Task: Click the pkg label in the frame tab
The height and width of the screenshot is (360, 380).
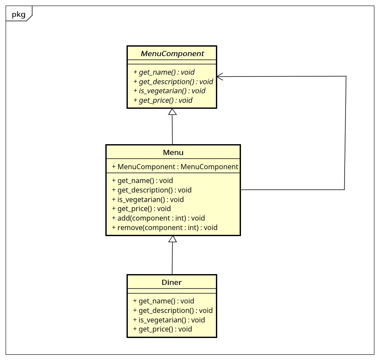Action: pyautogui.click(x=19, y=15)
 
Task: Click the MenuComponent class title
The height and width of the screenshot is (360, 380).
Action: pyautogui.click(x=172, y=54)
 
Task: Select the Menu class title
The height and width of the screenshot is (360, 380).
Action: pyautogui.click(x=173, y=152)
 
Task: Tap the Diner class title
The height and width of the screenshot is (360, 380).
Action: pyautogui.click(x=171, y=282)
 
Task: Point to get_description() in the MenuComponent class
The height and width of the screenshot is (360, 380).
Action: pyautogui.click(x=173, y=82)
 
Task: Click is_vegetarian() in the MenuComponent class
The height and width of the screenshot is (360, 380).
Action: pyautogui.click(x=169, y=91)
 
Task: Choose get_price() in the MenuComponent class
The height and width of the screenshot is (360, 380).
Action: pyautogui.click(x=163, y=100)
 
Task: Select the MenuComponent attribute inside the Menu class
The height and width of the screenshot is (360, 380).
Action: pyautogui.click(x=175, y=167)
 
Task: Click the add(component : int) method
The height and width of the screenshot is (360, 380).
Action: pyautogui.click(x=158, y=218)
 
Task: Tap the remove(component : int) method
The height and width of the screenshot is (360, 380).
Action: pyautogui.click(x=165, y=227)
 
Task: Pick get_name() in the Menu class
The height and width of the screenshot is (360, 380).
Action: pyautogui.click(x=142, y=180)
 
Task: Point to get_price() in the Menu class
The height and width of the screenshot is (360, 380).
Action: pyautogui.click(x=141, y=208)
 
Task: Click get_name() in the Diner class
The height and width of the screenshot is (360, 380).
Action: pyautogui.click(x=163, y=301)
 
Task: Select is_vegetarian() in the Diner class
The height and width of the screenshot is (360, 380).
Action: pyautogui.click(x=169, y=320)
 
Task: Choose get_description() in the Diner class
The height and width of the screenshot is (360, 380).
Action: pyautogui.click(x=173, y=310)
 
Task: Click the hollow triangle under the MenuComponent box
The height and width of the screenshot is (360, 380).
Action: pyautogui.click(x=172, y=112)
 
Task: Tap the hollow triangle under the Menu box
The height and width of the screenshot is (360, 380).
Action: pyautogui.click(x=173, y=239)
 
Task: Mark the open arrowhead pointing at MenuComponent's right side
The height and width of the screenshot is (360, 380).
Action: pyautogui.click(x=220, y=76)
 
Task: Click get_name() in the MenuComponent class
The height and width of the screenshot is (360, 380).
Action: pyautogui.click(x=164, y=72)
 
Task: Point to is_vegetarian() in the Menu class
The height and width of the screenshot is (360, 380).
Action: pyautogui.click(x=148, y=199)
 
